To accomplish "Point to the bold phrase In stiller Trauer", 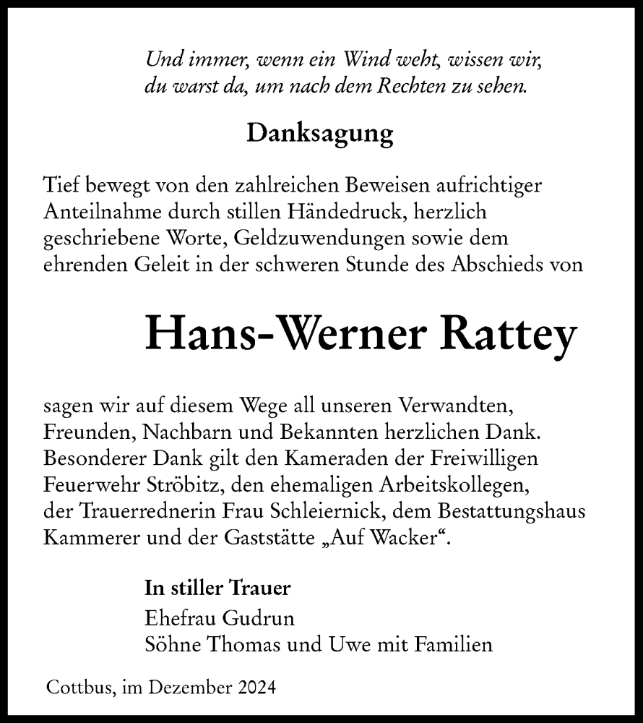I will (x=218, y=588).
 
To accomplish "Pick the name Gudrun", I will (x=251, y=619).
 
